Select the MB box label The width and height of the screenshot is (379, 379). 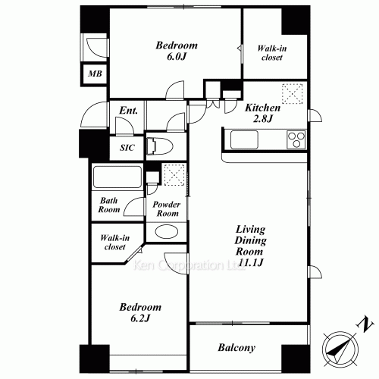click(x=94, y=74)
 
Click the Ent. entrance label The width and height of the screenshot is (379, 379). click(x=128, y=111)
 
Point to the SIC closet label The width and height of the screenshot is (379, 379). click(x=127, y=148)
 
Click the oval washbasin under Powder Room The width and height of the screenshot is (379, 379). click(x=166, y=233)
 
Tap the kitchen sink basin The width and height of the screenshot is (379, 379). click(x=246, y=139)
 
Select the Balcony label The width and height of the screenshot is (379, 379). click(x=236, y=349)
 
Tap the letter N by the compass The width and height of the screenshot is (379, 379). click(x=367, y=324)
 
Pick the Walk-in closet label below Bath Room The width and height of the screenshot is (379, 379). click(x=114, y=242)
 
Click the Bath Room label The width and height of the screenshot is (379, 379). click(x=110, y=206)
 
